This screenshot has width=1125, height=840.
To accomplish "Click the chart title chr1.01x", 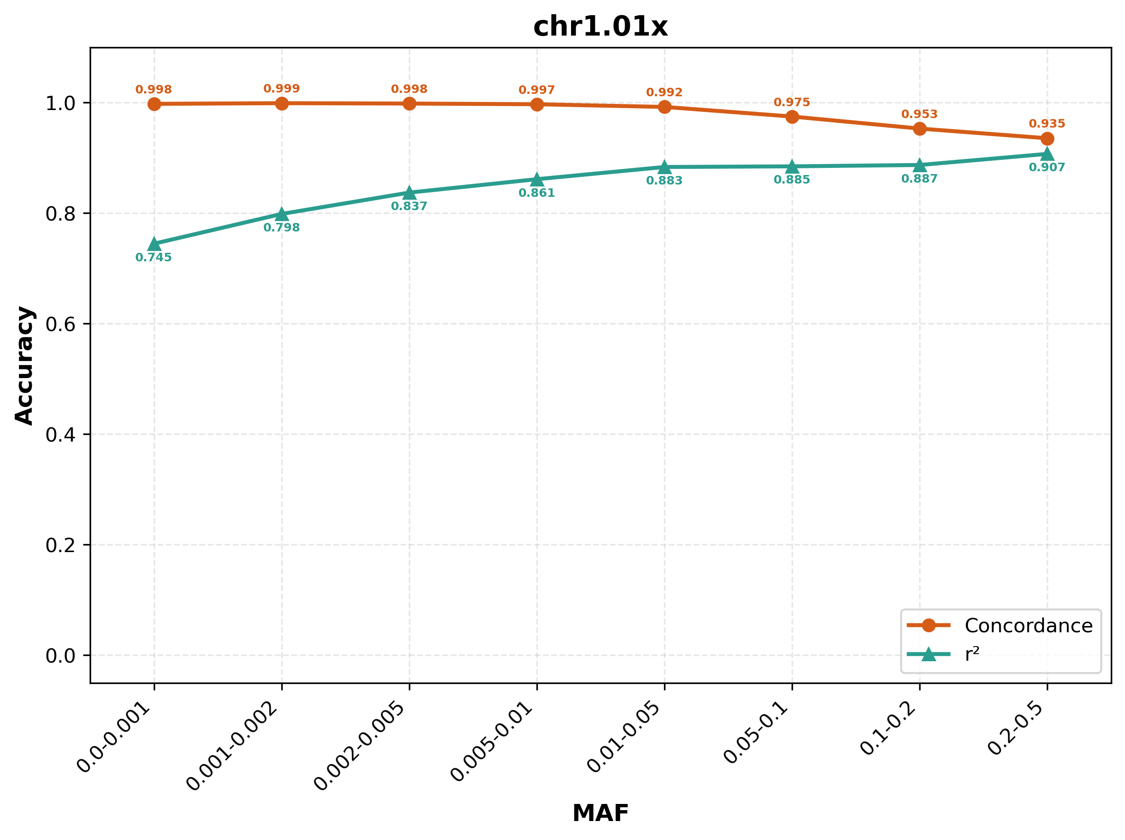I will click(600, 27).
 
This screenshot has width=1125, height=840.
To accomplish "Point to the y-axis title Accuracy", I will click(24, 365).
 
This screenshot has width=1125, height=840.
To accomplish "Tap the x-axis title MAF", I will click(600, 813).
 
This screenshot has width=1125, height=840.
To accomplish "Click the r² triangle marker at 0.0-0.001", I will click(154, 245).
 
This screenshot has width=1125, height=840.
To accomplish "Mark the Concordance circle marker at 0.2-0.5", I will click(1047, 139).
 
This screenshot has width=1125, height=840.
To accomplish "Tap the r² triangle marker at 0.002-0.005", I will click(409, 193).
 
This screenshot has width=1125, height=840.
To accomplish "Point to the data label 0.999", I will click(281, 89).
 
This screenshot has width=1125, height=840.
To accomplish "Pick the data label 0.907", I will click(1047, 167).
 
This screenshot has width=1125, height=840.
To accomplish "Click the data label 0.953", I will click(919, 114).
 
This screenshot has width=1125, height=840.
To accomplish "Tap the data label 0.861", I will click(536, 193).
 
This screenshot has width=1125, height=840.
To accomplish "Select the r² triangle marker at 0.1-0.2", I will click(919, 165).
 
